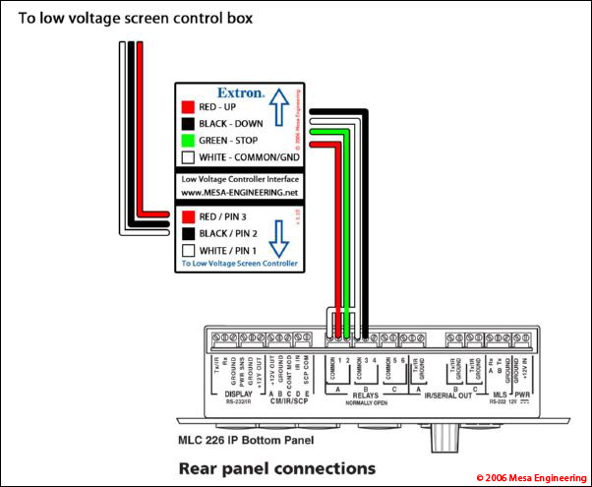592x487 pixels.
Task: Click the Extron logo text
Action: [x=241, y=93]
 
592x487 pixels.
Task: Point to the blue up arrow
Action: [x=278, y=107]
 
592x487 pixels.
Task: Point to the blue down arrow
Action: [x=278, y=236]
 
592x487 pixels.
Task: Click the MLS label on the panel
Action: [x=499, y=396]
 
